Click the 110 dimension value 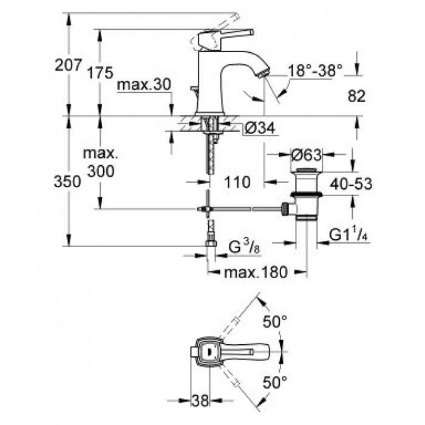(237, 182)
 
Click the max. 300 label (103, 163)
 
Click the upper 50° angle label (275, 322)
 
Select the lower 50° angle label (275, 381)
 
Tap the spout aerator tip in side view (262, 73)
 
